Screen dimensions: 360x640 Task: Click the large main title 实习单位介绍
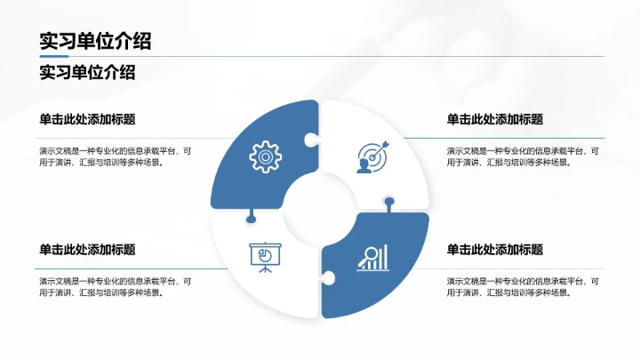(94, 41)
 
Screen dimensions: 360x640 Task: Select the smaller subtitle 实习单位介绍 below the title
(87, 72)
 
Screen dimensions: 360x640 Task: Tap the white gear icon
(265, 156)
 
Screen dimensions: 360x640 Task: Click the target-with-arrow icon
(372, 156)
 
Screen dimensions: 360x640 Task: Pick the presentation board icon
(265, 257)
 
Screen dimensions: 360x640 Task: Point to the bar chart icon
(372, 258)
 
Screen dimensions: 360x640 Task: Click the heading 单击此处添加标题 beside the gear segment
(87, 119)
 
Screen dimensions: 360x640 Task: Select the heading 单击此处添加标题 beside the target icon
(495, 119)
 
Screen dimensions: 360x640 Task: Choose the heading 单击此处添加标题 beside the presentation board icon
(87, 250)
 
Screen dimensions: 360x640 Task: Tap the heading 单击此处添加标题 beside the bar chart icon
(495, 250)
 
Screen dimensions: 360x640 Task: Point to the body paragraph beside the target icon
(522, 156)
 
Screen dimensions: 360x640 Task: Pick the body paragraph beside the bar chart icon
(522, 286)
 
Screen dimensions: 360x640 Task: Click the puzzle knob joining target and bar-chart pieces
(388, 202)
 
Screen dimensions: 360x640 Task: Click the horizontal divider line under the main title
(320, 57)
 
